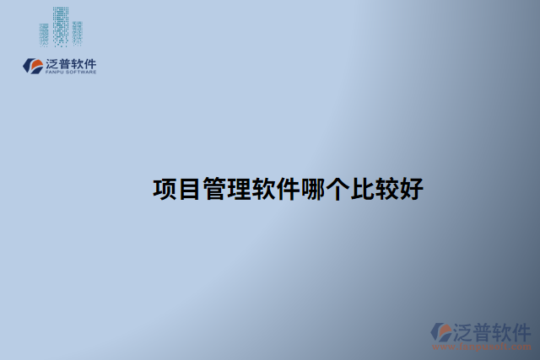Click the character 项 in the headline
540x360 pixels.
click(165, 189)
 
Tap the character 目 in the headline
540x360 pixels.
click(189, 189)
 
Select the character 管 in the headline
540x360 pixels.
click(213, 189)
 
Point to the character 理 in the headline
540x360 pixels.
click(238, 189)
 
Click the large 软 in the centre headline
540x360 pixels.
click(262, 189)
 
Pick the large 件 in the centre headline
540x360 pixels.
click(288, 189)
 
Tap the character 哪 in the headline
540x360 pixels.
click(312, 189)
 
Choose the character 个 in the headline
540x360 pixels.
click(337, 189)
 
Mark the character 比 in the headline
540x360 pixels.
click(361, 189)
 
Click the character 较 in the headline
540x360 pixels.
click(386, 189)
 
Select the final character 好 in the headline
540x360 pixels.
click(411, 189)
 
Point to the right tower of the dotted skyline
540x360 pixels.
click(77, 33)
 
